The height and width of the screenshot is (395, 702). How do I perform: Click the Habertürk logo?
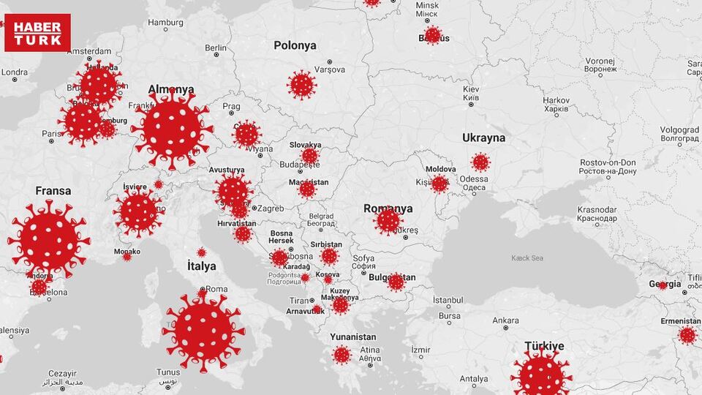(x=37, y=33)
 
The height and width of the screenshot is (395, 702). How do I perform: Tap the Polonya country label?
(x=295, y=45)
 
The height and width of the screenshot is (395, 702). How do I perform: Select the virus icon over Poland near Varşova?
(x=301, y=85)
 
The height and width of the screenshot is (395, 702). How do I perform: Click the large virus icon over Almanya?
(x=173, y=128)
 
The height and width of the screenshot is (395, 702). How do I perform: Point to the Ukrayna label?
(x=483, y=138)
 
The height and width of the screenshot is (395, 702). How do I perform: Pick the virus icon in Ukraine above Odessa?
(x=480, y=162)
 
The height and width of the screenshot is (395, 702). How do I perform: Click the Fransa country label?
(x=53, y=191)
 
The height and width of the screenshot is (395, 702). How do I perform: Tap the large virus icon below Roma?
(x=203, y=331)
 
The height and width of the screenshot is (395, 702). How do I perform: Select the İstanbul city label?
(x=448, y=300)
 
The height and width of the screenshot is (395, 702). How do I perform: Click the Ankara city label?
(x=505, y=320)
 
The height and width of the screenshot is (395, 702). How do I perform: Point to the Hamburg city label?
(x=165, y=23)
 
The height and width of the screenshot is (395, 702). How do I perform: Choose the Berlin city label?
(x=216, y=48)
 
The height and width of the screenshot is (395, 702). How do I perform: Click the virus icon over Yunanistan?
(x=341, y=355)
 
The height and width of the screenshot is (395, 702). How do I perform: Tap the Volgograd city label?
(x=679, y=130)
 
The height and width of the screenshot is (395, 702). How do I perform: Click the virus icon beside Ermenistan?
(x=687, y=335)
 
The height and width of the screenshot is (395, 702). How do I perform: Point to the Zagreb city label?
(x=270, y=208)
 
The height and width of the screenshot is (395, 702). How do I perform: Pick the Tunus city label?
(x=168, y=372)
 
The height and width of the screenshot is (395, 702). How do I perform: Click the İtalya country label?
(x=202, y=266)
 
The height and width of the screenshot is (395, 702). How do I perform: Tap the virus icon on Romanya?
(x=388, y=220)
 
